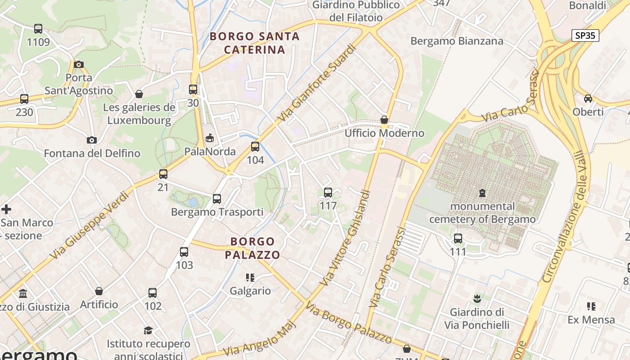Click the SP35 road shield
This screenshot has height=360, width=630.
(x=585, y=36)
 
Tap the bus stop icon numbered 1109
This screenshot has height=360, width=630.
(x=38, y=29)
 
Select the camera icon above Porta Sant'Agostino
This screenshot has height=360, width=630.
(x=79, y=64)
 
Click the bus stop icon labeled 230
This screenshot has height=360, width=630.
(x=24, y=99)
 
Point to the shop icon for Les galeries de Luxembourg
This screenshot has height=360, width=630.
(x=139, y=94)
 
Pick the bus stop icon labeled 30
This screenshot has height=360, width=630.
(x=193, y=90)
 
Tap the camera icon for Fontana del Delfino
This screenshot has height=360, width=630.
(x=92, y=140)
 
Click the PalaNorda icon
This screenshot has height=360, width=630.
(x=210, y=138)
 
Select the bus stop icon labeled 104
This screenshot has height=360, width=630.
(x=255, y=147)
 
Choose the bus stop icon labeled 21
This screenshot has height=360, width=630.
(x=163, y=174)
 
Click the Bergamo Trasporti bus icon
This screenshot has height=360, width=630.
(x=217, y=198)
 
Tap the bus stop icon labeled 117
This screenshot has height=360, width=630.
(x=328, y=193)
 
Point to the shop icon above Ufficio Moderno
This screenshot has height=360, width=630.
(x=384, y=120)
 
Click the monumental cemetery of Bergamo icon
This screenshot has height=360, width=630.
(x=482, y=193)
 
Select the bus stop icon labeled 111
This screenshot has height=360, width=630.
(x=458, y=238)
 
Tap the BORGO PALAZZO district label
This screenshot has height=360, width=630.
(x=252, y=248)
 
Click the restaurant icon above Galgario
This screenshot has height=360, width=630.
(x=250, y=278)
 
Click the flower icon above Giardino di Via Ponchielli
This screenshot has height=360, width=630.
(x=477, y=298)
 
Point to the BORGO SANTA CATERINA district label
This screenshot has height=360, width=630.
(x=255, y=43)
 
